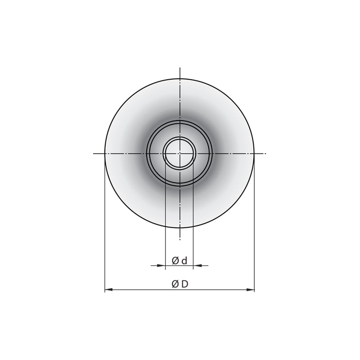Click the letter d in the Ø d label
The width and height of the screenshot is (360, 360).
pyautogui.click(x=184, y=261)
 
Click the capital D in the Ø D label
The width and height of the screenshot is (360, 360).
pyautogui.click(x=184, y=284)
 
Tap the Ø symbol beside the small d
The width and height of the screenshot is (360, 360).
pyautogui.click(x=176, y=261)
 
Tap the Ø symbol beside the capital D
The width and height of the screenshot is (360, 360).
pyautogui.click(x=175, y=284)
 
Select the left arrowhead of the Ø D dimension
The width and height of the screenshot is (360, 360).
pyautogui.click(x=108, y=290)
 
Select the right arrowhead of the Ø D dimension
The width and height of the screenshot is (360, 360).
pyautogui.click(x=251, y=290)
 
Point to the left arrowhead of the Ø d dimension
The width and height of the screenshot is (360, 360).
pyautogui.click(x=162, y=265)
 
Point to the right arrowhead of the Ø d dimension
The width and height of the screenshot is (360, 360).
pyautogui.click(x=196, y=265)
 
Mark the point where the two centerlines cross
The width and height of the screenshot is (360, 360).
pyautogui.click(x=180, y=153)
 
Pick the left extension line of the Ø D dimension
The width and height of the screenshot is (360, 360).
pyautogui.click(x=105, y=225)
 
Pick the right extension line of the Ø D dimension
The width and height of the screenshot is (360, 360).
pyautogui.click(x=254, y=225)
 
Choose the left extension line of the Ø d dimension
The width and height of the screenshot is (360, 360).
pyautogui.click(x=166, y=216)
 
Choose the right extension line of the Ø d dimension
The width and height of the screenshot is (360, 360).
pyautogui.click(x=193, y=216)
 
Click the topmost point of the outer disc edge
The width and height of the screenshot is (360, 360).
pyautogui.click(x=180, y=79)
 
